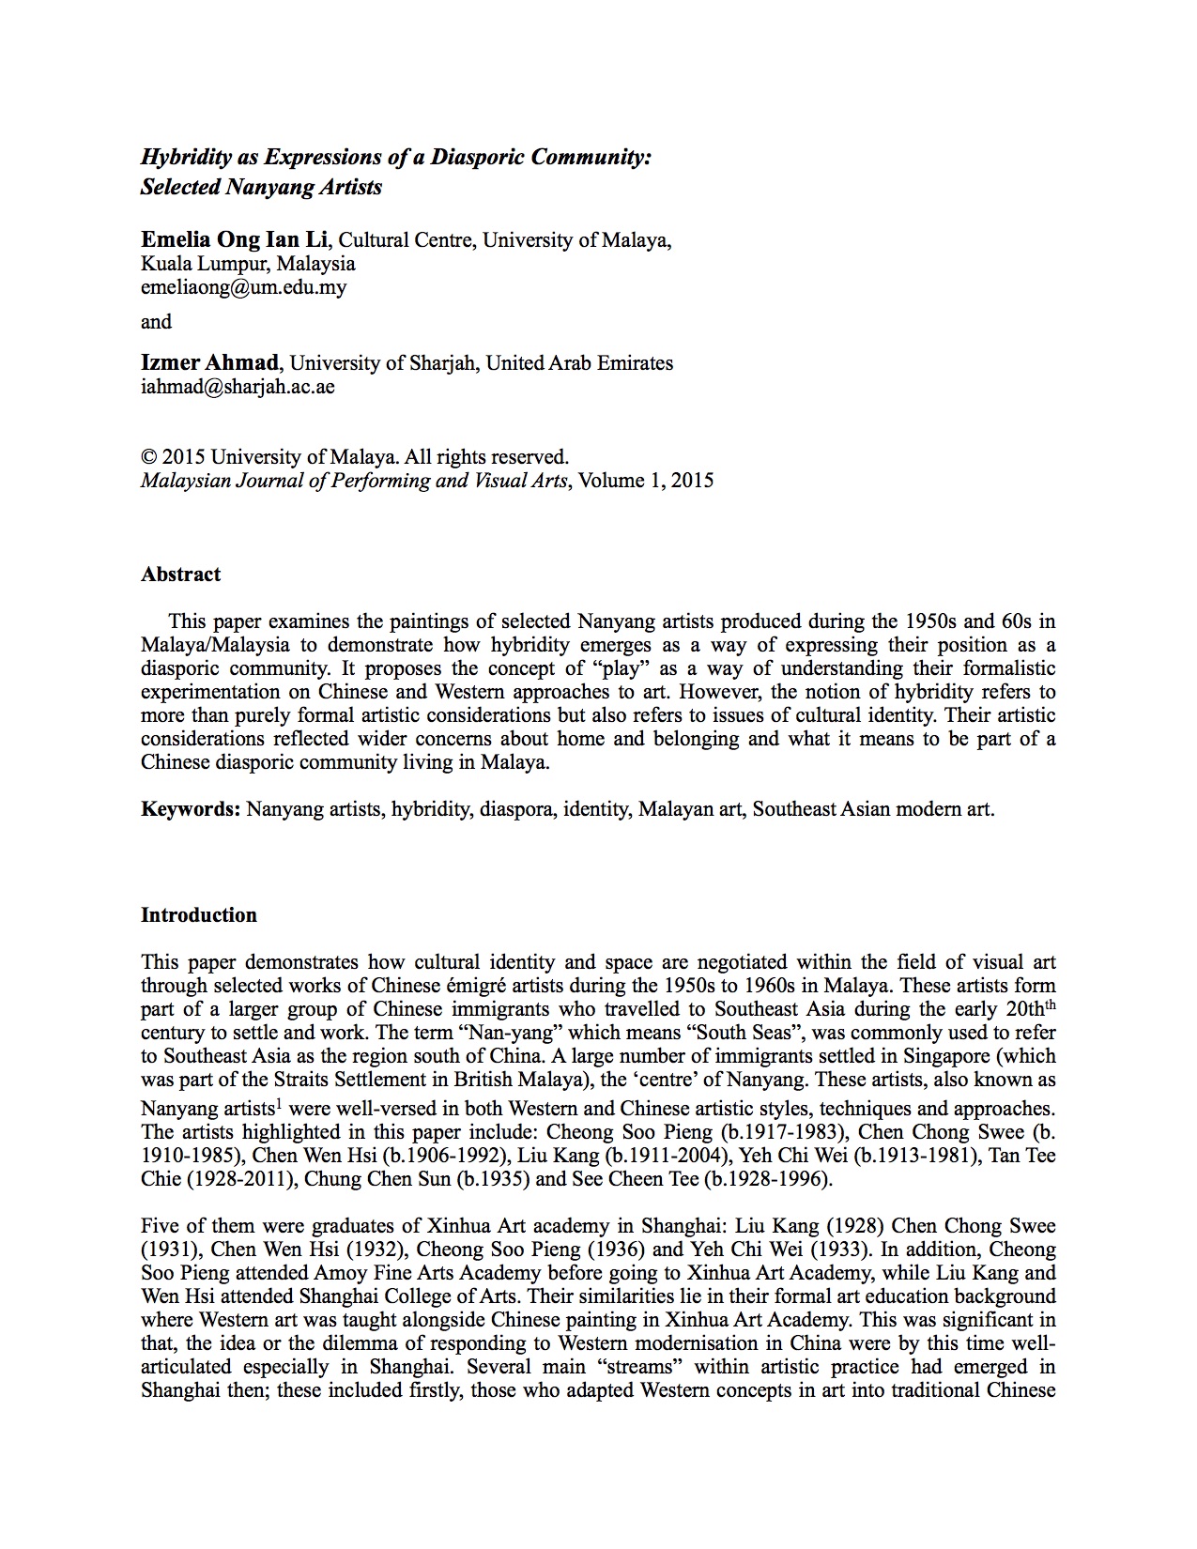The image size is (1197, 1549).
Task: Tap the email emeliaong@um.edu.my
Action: click(243, 287)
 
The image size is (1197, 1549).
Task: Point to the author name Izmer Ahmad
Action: click(209, 362)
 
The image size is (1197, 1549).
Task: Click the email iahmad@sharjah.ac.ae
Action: click(238, 386)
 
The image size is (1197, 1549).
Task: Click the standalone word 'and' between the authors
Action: click(156, 322)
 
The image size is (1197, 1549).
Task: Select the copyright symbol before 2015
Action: click(148, 457)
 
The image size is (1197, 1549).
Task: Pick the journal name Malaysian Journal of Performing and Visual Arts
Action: click(354, 481)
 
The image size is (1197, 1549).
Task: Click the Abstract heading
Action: click(180, 575)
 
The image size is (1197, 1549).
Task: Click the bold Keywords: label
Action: click(191, 808)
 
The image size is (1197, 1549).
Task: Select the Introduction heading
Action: click(198, 915)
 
